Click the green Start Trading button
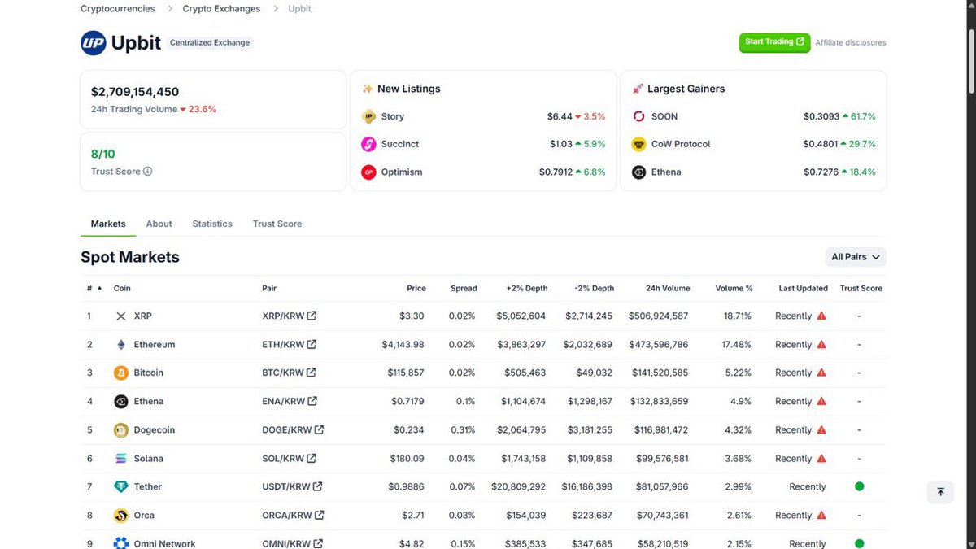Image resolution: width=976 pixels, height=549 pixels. click(774, 42)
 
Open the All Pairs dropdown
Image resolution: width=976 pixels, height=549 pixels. click(856, 257)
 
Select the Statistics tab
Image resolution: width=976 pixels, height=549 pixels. click(212, 224)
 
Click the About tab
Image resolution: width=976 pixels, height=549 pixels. click(159, 224)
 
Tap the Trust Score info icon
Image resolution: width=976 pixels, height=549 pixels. click(148, 172)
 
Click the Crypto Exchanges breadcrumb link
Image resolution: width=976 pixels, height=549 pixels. click(221, 9)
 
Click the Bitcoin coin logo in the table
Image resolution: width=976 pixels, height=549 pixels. click(121, 373)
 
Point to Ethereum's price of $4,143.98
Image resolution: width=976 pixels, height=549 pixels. click(403, 345)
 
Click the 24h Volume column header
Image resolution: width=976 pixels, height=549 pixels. click(668, 289)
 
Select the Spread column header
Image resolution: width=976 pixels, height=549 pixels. click(464, 289)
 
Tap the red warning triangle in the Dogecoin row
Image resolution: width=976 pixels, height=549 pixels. click(821, 429)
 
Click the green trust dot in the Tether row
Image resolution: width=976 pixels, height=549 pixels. click(859, 486)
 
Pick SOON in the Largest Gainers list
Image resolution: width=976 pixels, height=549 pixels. click(664, 117)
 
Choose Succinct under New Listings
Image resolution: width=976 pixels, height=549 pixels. click(399, 144)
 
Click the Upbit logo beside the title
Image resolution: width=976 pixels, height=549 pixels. click(94, 42)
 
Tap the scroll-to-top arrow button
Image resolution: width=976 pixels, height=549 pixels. click(940, 492)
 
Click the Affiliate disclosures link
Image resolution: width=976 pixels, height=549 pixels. click(851, 42)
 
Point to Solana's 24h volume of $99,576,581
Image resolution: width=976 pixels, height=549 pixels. click(662, 459)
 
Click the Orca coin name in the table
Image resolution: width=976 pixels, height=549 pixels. click(144, 516)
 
